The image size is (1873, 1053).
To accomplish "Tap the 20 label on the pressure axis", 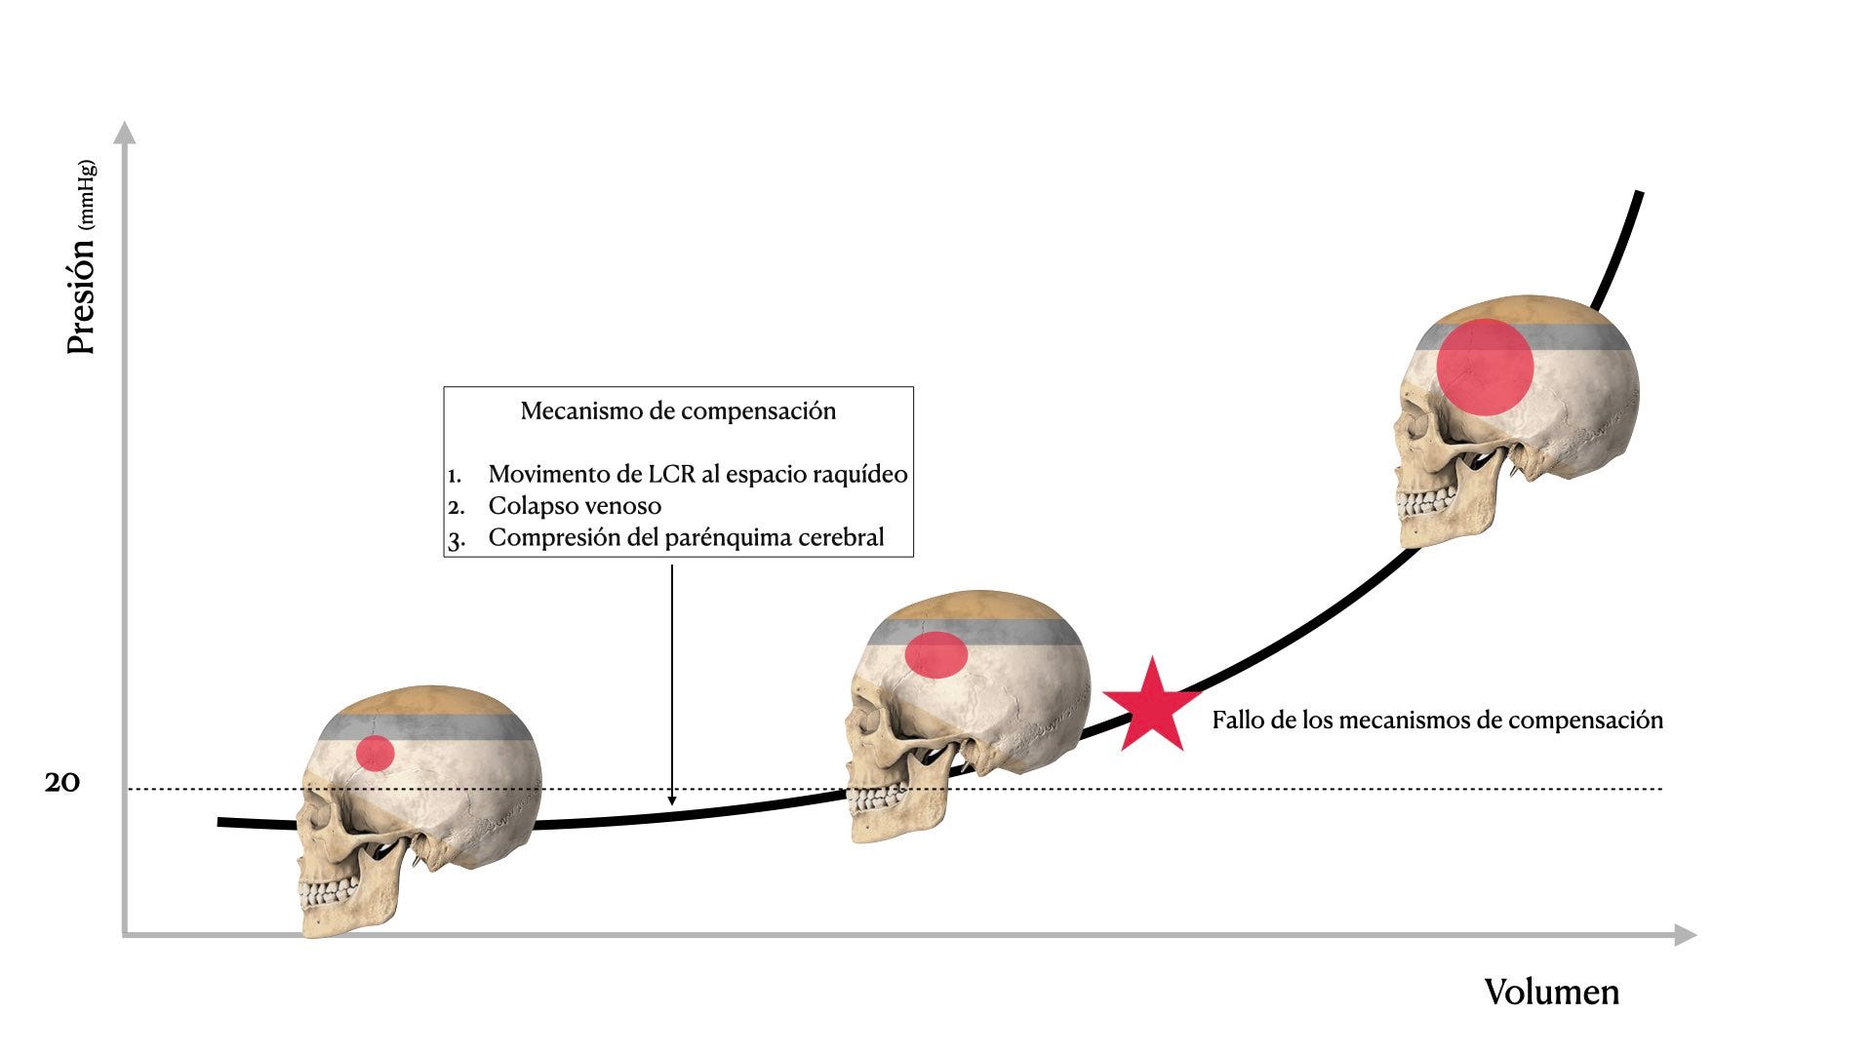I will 61,782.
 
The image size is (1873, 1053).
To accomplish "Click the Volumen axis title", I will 1551,992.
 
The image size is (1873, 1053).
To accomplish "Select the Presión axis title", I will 81,292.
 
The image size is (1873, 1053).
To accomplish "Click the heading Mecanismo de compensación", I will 678,410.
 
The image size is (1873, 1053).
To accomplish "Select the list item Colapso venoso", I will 575,506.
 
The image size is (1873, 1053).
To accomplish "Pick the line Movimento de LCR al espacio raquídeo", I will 697,474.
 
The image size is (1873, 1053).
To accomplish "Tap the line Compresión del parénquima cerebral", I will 686,537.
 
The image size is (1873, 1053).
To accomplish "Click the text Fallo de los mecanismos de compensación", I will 1437,721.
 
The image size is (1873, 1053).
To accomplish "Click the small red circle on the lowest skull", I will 375,754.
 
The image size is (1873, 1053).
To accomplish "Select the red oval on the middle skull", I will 936,654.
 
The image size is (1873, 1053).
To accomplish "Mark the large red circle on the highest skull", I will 1485,368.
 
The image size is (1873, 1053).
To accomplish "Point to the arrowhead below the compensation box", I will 672,800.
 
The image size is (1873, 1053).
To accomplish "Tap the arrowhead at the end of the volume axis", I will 1686,935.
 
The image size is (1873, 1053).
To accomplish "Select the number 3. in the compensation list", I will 457,539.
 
